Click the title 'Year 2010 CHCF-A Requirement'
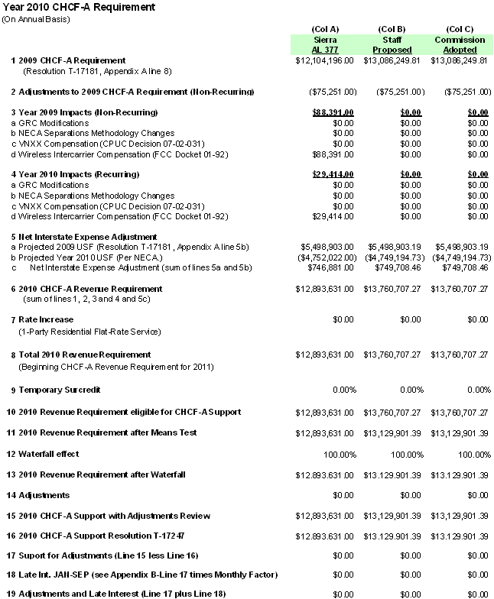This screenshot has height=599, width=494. coord(78,7)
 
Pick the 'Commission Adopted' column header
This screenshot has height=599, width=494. coord(460,44)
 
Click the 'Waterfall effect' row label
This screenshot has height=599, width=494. coord(51,454)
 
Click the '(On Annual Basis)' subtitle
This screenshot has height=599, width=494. coord(36,18)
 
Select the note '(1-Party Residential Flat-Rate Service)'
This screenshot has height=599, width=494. coord(90,332)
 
